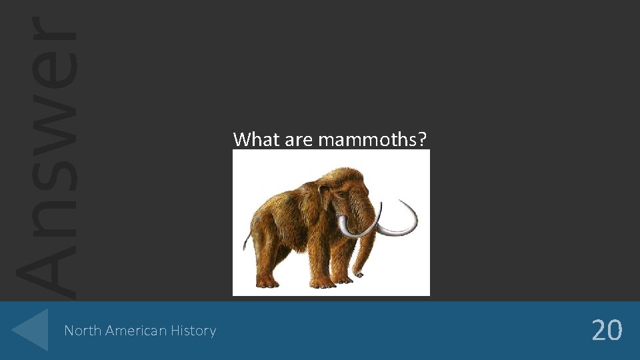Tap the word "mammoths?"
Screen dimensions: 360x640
coord(372,140)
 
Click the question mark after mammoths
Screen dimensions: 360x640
coord(425,139)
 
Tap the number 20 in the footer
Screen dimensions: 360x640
coord(607,330)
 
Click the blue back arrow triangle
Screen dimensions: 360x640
coord(32,330)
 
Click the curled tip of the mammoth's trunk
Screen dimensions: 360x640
coord(360,273)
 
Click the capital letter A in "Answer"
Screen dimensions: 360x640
coord(47,267)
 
